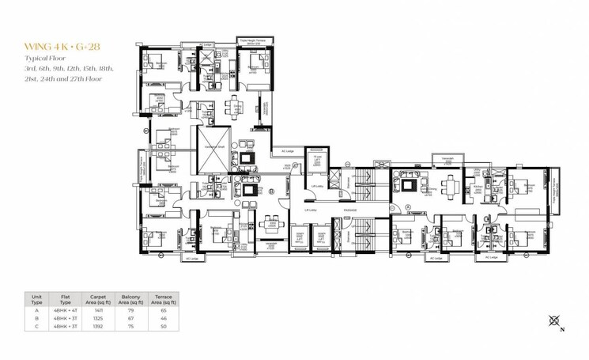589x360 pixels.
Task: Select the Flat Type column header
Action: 66,299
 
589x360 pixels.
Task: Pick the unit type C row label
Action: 36,327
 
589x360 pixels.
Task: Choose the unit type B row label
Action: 36,319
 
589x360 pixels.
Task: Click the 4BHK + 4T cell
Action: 66,311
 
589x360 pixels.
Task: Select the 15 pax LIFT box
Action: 316,161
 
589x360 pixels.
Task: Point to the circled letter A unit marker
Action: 408,207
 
